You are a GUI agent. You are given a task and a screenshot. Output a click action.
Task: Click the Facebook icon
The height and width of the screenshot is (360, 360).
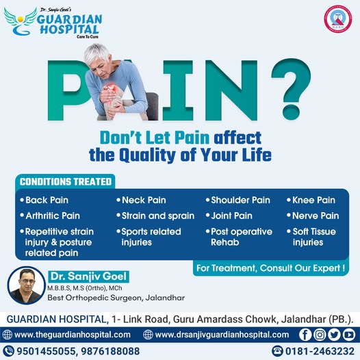[305, 335]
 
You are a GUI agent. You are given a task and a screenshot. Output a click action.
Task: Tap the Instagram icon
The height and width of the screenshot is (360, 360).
[320, 335]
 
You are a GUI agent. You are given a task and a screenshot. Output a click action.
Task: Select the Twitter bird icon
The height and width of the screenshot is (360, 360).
[334, 335]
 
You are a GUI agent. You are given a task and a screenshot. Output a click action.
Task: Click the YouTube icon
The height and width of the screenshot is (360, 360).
[349, 335]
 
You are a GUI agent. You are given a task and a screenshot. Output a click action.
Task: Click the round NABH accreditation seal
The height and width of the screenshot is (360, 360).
[337, 19]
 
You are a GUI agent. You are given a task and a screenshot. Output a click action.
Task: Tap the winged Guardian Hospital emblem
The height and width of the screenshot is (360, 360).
[21, 21]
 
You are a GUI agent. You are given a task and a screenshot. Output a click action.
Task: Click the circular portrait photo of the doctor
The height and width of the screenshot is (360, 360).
[27, 285]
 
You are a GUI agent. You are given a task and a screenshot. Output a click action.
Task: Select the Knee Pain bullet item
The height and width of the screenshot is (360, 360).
[311, 200]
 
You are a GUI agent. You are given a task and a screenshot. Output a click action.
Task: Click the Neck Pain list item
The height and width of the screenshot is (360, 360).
[141, 200]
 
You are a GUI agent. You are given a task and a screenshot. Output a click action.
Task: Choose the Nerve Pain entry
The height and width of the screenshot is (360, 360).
[313, 216]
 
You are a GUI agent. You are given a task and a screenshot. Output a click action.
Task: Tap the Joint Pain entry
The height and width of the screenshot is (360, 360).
[229, 216]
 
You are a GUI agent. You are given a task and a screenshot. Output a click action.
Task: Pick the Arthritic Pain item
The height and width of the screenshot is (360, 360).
[50, 216]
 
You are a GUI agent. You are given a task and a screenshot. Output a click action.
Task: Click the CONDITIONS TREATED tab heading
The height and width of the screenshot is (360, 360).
[66, 181]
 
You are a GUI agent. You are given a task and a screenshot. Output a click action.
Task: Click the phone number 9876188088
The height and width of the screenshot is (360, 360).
[110, 351]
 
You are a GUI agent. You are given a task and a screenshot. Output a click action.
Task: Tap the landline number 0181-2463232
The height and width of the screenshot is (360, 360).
[320, 351]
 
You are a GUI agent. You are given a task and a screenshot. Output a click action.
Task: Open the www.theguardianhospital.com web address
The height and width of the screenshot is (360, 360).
[73, 335]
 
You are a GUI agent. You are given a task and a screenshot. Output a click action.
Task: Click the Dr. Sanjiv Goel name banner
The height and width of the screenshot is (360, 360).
[88, 277]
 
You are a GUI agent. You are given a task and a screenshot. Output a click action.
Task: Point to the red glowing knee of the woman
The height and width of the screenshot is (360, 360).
[111, 89]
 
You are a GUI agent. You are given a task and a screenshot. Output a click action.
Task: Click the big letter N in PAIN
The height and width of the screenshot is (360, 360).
[231, 90]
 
